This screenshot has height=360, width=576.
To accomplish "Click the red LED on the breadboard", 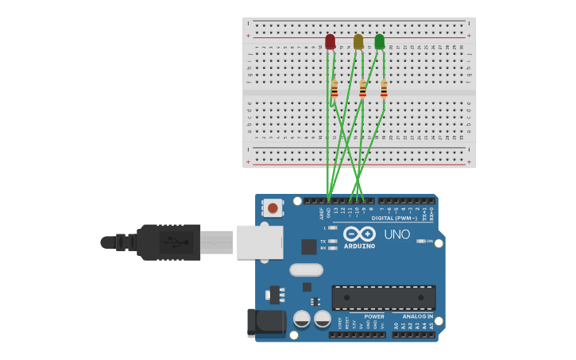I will pos(331,41).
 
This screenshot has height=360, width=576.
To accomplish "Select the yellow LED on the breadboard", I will pos(358,41).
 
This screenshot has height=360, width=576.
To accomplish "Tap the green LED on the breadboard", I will pos(380,41).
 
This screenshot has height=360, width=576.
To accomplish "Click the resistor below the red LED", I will pos(334,89).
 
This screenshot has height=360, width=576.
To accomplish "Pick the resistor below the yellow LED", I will pos(363,89).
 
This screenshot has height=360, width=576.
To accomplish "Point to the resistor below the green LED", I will pos(384,89).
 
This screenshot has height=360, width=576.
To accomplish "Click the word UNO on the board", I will pos(397,234).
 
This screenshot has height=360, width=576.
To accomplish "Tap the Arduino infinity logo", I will pos(359,234).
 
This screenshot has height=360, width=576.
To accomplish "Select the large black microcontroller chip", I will pos(383,297).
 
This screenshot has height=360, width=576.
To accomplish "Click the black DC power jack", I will pos(266,323).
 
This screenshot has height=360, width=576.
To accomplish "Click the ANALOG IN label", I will pos(417,316).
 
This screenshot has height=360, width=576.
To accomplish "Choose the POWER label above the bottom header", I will pos(374,316).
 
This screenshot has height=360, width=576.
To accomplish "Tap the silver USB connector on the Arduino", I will pos(260,242).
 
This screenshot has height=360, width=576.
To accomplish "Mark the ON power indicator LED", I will pos(420,241).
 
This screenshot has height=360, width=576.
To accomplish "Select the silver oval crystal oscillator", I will pos(307,269).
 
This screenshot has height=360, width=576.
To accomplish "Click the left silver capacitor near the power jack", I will pos(302,319).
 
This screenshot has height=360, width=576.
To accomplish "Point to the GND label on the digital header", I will pos(329,213).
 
